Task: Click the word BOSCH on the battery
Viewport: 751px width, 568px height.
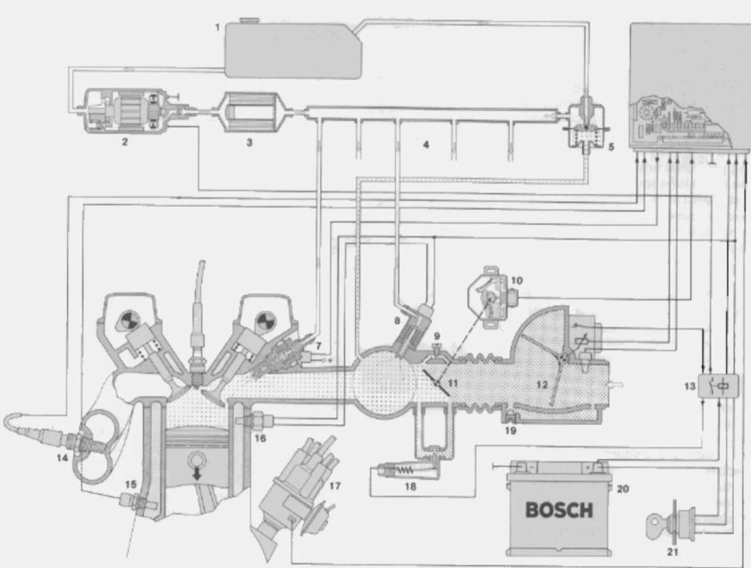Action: tap(558, 512)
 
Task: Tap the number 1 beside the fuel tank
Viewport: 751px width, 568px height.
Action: tap(217, 28)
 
